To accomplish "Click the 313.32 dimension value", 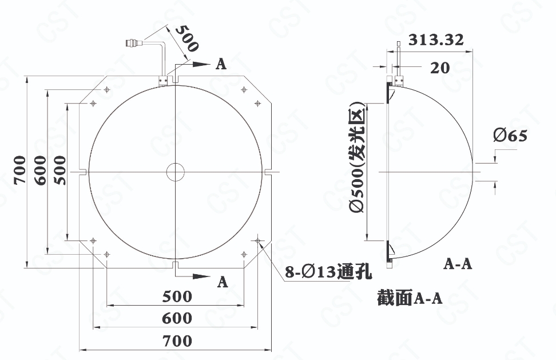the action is click(436, 39).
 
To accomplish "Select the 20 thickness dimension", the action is click(440, 68).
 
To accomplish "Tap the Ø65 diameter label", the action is click(510, 135).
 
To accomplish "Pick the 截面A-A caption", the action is click(410, 298).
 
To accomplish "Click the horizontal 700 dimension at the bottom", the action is click(177, 341).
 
